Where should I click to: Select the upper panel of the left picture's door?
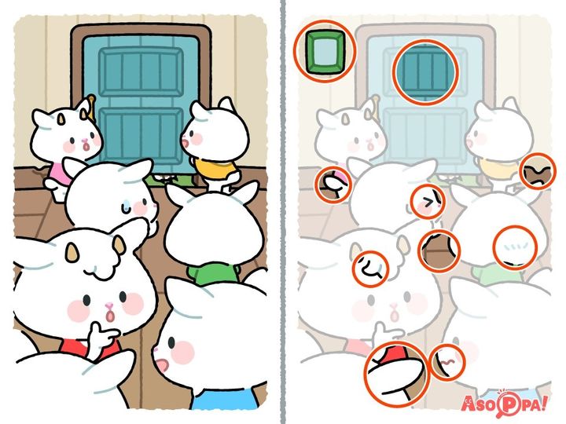[x=141, y=71]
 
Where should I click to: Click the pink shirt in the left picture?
[x=57, y=172]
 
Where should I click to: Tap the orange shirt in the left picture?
[x=215, y=168]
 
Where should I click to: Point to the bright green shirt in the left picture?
[x=213, y=274]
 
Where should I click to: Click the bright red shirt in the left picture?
[x=90, y=348]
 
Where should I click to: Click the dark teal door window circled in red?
[x=425, y=72]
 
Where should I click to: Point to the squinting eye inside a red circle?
[x=428, y=203]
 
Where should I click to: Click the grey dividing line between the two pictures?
[x=283, y=212]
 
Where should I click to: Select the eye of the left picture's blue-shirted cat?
[x=171, y=342]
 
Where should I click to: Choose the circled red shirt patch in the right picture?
[x=395, y=354]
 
